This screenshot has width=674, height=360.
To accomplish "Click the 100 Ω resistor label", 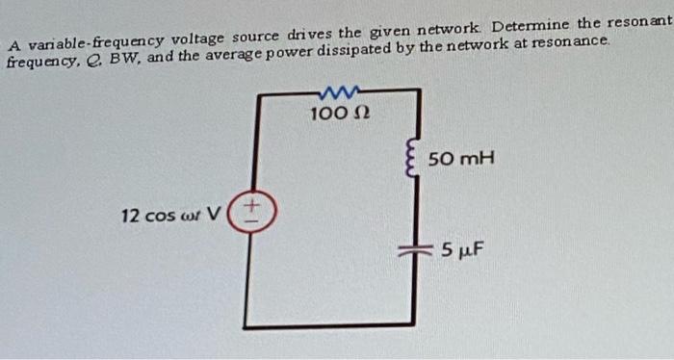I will [x=335, y=115].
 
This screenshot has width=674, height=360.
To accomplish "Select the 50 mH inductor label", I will [x=461, y=157].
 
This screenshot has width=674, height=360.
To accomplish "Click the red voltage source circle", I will [x=253, y=211].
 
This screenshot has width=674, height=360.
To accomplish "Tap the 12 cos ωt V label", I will [x=169, y=214].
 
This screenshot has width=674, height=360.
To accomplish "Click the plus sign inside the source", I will [x=253, y=204].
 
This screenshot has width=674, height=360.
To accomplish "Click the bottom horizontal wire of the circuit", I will [x=332, y=326].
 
